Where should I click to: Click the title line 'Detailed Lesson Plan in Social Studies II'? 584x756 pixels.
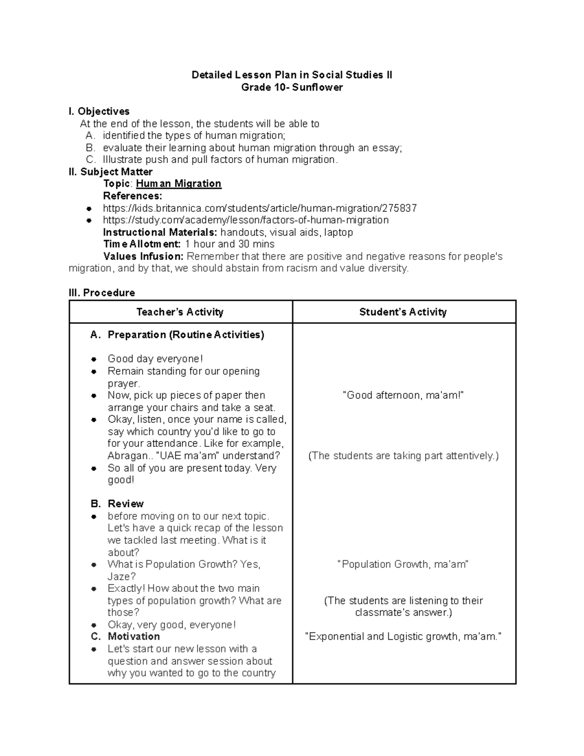[x=292, y=75]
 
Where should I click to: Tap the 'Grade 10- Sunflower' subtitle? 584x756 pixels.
[x=292, y=87]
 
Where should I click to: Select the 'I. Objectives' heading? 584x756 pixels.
[x=99, y=111]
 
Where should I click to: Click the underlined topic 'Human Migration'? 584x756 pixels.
[x=178, y=184]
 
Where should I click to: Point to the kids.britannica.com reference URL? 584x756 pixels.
[x=259, y=208]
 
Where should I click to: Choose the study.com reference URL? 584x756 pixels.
[x=245, y=220]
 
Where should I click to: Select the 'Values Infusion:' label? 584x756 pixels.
[x=144, y=256]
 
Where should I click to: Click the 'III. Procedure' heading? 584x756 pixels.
[x=102, y=293]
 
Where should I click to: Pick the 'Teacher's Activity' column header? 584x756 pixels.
[x=180, y=312]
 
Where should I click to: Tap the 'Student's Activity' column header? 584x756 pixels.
[x=403, y=312]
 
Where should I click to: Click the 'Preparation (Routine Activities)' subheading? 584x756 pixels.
[x=185, y=335]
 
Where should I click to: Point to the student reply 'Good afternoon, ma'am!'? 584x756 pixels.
[x=403, y=395]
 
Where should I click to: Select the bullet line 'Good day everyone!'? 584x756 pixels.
[x=155, y=359]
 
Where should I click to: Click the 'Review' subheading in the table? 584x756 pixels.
[x=126, y=504]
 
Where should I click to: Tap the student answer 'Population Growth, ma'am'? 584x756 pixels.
[x=403, y=564]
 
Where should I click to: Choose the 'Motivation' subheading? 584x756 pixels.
[x=133, y=636]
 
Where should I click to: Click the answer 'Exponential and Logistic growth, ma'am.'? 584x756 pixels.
[x=403, y=636]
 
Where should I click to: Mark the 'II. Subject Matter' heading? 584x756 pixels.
[x=111, y=172]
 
